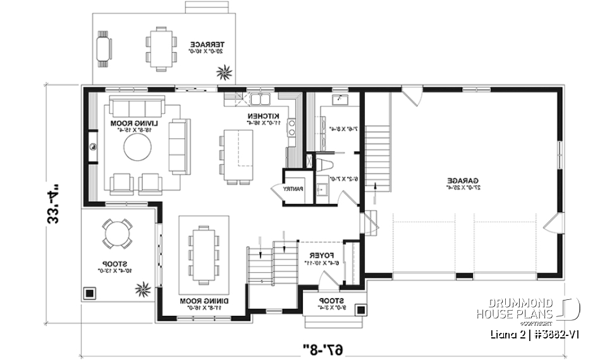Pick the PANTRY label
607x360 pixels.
[x=293, y=189]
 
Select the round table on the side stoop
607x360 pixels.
[x=118, y=233]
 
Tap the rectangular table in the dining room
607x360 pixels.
[x=204, y=253]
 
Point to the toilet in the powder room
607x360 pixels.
[x=324, y=164]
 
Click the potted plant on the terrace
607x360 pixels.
[x=224, y=73]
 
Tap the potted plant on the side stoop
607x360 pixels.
[x=141, y=290]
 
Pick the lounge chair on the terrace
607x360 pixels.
[x=103, y=47]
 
